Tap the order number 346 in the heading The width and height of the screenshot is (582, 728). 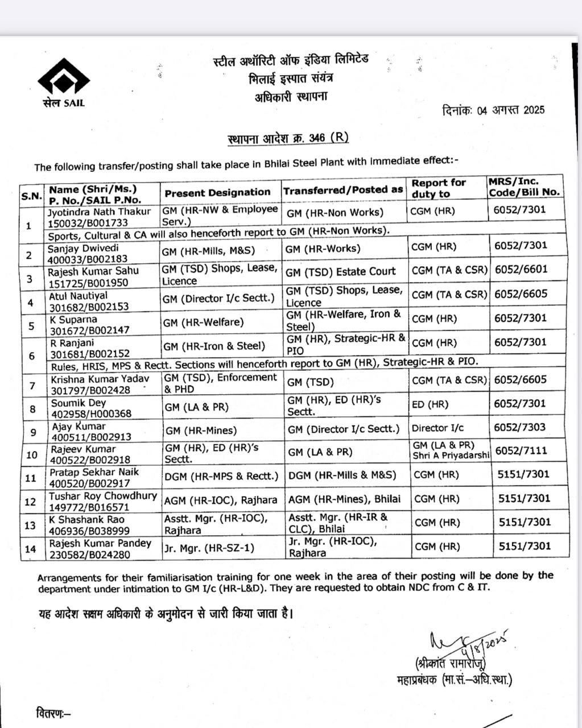pyautogui.click(x=316, y=138)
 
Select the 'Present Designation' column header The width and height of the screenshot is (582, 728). pyautogui.click(x=217, y=192)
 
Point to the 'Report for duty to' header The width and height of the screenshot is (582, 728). pyautogui.click(x=439, y=188)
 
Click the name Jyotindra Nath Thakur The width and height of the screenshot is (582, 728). pyautogui.click(x=100, y=212)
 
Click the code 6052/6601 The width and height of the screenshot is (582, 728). pyautogui.click(x=520, y=269)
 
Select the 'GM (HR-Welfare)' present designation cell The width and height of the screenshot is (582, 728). pyautogui.click(x=203, y=322)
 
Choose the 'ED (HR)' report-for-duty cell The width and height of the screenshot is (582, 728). pyautogui.click(x=430, y=404)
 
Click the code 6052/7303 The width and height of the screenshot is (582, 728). pyautogui.click(x=520, y=427)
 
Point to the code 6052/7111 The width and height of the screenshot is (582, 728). pyautogui.click(x=521, y=450)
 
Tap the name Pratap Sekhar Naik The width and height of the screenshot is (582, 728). pyautogui.click(x=93, y=472)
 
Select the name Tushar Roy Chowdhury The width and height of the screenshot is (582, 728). pyautogui.click(x=103, y=496)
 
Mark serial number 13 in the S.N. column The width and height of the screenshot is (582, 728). pyautogui.click(x=31, y=525)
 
